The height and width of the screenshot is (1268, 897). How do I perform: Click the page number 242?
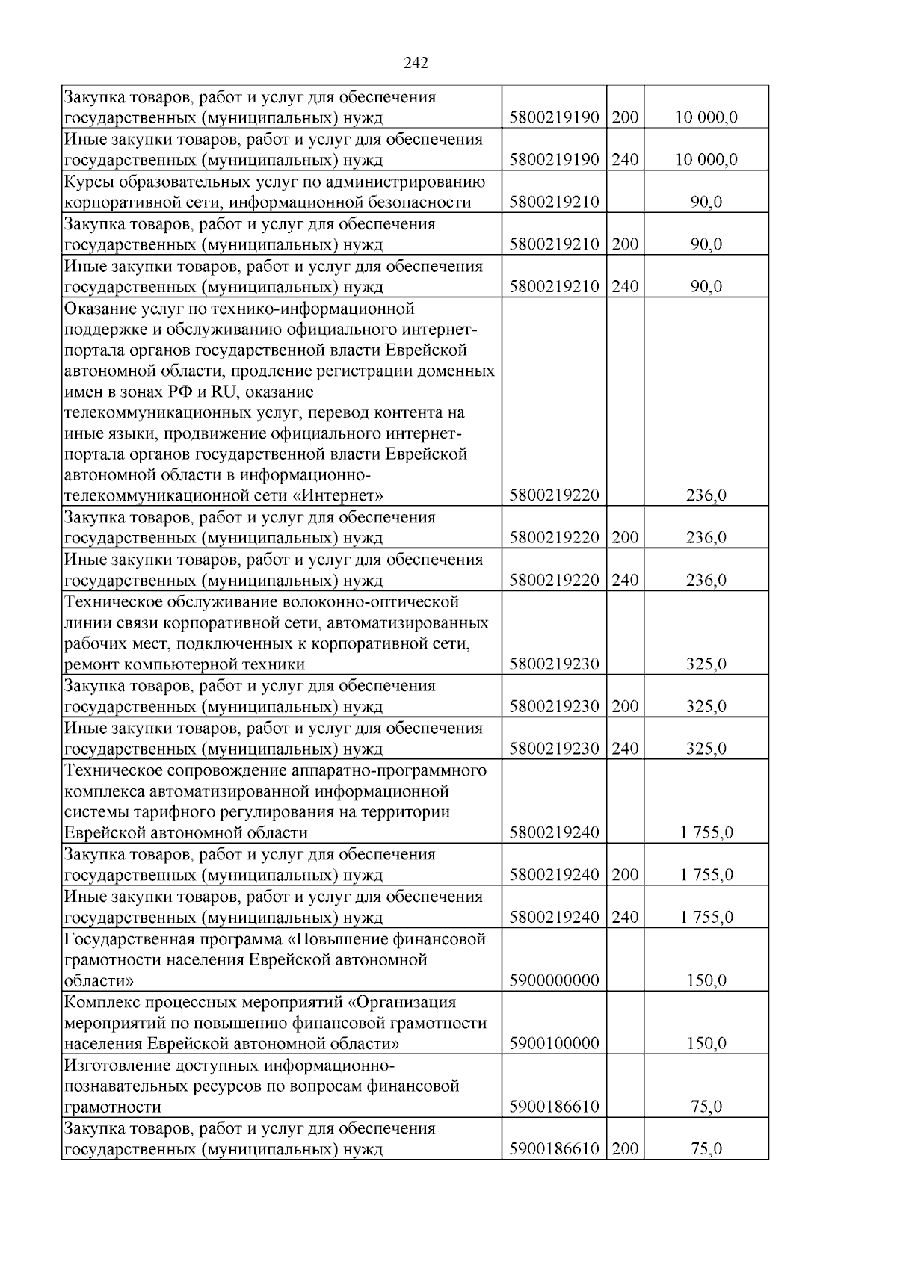416,64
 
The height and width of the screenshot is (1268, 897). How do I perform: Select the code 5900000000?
554,980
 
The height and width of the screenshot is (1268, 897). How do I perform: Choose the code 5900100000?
554,1044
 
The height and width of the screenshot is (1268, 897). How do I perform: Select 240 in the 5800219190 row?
625,160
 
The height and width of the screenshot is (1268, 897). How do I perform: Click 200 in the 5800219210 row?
625,244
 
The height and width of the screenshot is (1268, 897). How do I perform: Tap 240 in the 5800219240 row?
625,918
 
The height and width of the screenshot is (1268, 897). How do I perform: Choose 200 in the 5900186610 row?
625,1149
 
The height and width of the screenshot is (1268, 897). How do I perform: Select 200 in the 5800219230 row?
625,707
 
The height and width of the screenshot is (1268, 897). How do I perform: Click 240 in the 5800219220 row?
625,581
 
